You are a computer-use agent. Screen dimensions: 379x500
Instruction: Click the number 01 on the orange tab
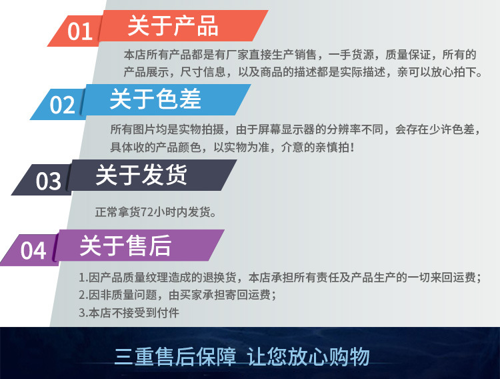[x=80, y=31]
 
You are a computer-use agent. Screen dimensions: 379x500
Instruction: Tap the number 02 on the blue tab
[x=63, y=105]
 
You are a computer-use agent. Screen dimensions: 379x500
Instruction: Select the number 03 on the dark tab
[x=48, y=181]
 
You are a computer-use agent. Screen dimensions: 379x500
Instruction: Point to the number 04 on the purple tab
[x=33, y=251]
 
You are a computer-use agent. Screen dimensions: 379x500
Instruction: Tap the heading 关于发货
[x=141, y=175]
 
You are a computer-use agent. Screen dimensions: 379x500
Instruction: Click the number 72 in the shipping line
[x=147, y=213]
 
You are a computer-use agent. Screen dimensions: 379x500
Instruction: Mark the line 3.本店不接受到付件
[x=129, y=312]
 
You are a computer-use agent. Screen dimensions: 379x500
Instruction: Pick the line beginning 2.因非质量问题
[x=177, y=294]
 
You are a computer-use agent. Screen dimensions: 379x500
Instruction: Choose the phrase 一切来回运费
[x=444, y=277]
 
